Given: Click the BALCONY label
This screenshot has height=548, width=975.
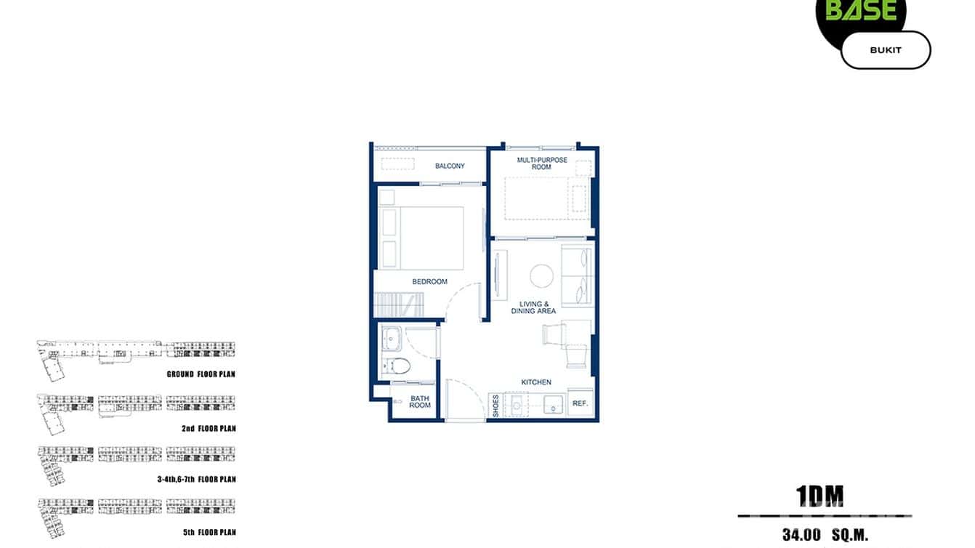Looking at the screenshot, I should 450,166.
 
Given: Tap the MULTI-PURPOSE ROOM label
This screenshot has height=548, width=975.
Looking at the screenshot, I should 542,164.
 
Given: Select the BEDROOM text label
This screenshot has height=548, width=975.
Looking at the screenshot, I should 429,282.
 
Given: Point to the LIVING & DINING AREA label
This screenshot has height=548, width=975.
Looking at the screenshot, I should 538,307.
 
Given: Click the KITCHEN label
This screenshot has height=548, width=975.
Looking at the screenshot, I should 536,382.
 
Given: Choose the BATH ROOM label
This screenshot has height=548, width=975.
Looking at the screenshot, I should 420,402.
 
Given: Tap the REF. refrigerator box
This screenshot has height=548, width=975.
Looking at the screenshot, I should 580,403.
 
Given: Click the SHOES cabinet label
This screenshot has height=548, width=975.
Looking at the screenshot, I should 495,406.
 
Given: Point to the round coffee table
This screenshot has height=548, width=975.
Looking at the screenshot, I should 542,275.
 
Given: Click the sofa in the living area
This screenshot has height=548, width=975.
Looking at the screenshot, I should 578,275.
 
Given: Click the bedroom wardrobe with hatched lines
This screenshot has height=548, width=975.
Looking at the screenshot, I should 398,303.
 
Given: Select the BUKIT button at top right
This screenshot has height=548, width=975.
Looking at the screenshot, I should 885,50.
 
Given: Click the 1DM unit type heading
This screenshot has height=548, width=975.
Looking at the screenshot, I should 820,496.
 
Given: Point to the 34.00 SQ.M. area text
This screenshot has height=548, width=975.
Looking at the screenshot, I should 825,536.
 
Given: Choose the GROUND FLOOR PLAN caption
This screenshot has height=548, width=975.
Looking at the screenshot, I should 201,374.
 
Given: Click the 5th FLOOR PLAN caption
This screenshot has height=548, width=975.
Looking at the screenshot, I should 209,533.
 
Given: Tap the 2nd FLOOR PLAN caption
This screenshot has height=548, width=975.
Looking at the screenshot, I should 209,429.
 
